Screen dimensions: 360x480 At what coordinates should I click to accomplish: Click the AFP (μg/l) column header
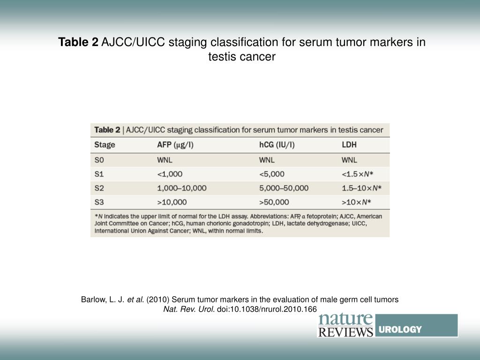175,145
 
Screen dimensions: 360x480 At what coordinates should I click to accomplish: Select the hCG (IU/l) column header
277,145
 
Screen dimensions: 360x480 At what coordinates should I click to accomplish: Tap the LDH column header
349,145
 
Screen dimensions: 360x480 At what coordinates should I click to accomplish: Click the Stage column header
105,145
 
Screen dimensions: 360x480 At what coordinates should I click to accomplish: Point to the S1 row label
99,174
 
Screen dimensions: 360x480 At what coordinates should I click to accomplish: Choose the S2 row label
99,188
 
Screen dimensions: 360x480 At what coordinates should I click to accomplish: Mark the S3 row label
99,202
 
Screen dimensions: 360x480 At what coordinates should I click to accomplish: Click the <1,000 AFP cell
170,174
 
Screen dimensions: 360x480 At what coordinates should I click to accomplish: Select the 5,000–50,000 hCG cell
284,188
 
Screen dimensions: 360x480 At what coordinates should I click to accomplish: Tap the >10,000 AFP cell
172,202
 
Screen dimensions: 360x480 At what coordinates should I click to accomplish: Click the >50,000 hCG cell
274,202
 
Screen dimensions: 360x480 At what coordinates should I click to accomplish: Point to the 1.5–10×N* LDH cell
361,188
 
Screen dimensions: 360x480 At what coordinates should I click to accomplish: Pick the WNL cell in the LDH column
349,159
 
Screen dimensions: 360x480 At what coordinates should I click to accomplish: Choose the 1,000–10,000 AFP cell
181,188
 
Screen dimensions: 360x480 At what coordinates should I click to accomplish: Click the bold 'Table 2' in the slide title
78,43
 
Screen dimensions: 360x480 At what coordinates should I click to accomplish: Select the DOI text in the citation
267,309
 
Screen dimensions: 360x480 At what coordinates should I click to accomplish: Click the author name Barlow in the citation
93,300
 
